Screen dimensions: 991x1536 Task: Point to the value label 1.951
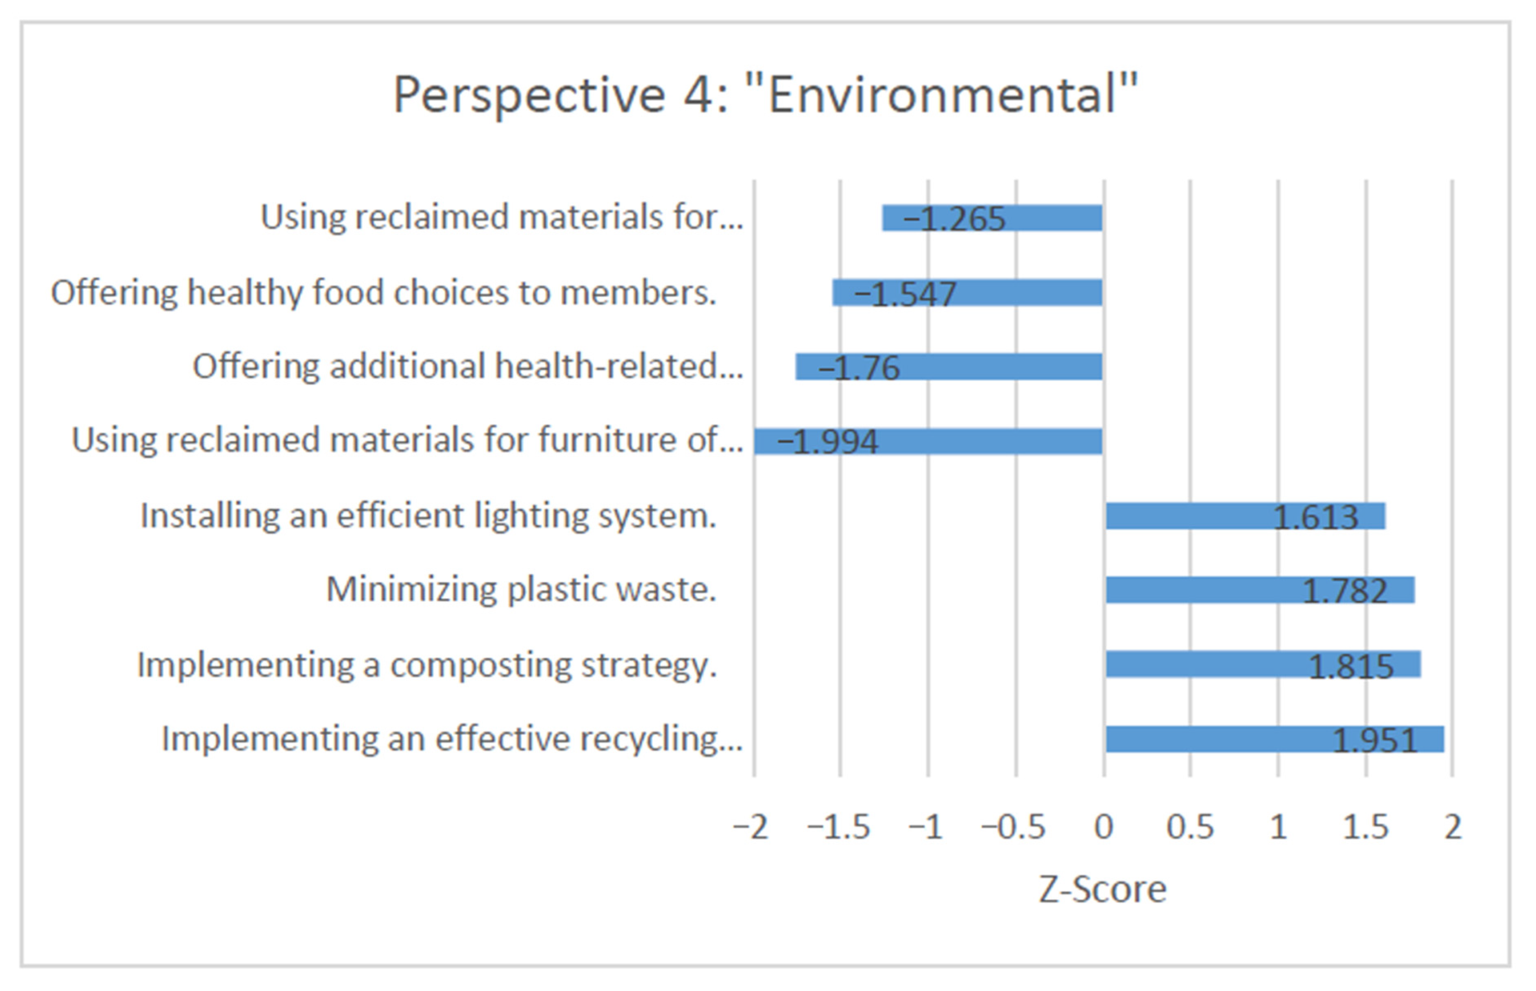1375,740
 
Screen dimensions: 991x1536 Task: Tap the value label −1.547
904,294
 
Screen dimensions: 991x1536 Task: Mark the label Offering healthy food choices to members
383,293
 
